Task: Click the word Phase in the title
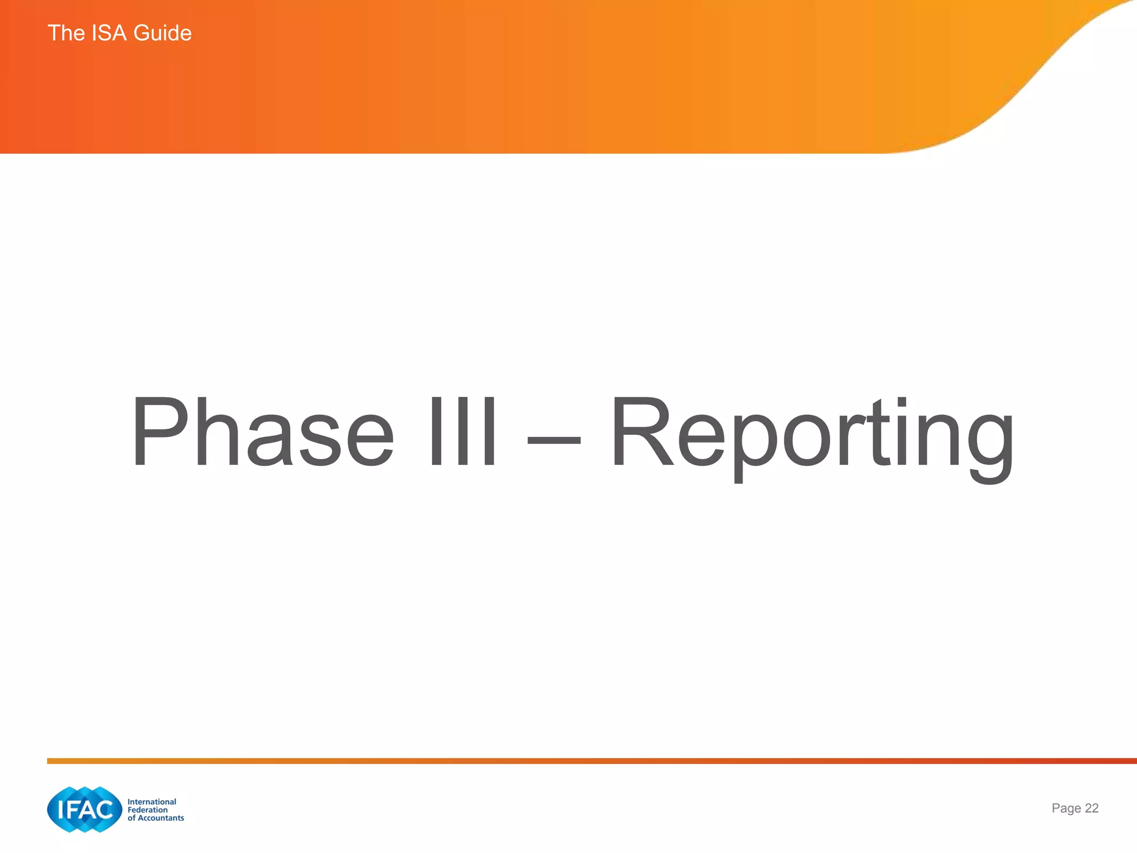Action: coord(262,432)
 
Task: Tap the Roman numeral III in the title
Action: coord(462,432)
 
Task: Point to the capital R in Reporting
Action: coord(643,432)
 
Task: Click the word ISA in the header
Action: coord(109,33)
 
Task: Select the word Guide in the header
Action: coord(163,33)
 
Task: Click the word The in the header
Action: coord(66,33)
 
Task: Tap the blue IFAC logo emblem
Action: coord(84,809)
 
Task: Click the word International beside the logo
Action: coord(152,801)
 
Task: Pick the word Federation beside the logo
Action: coord(147,810)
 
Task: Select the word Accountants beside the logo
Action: coord(160,818)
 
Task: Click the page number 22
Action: coord(1091,808)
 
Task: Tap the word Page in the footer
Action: coord(1066,809)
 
